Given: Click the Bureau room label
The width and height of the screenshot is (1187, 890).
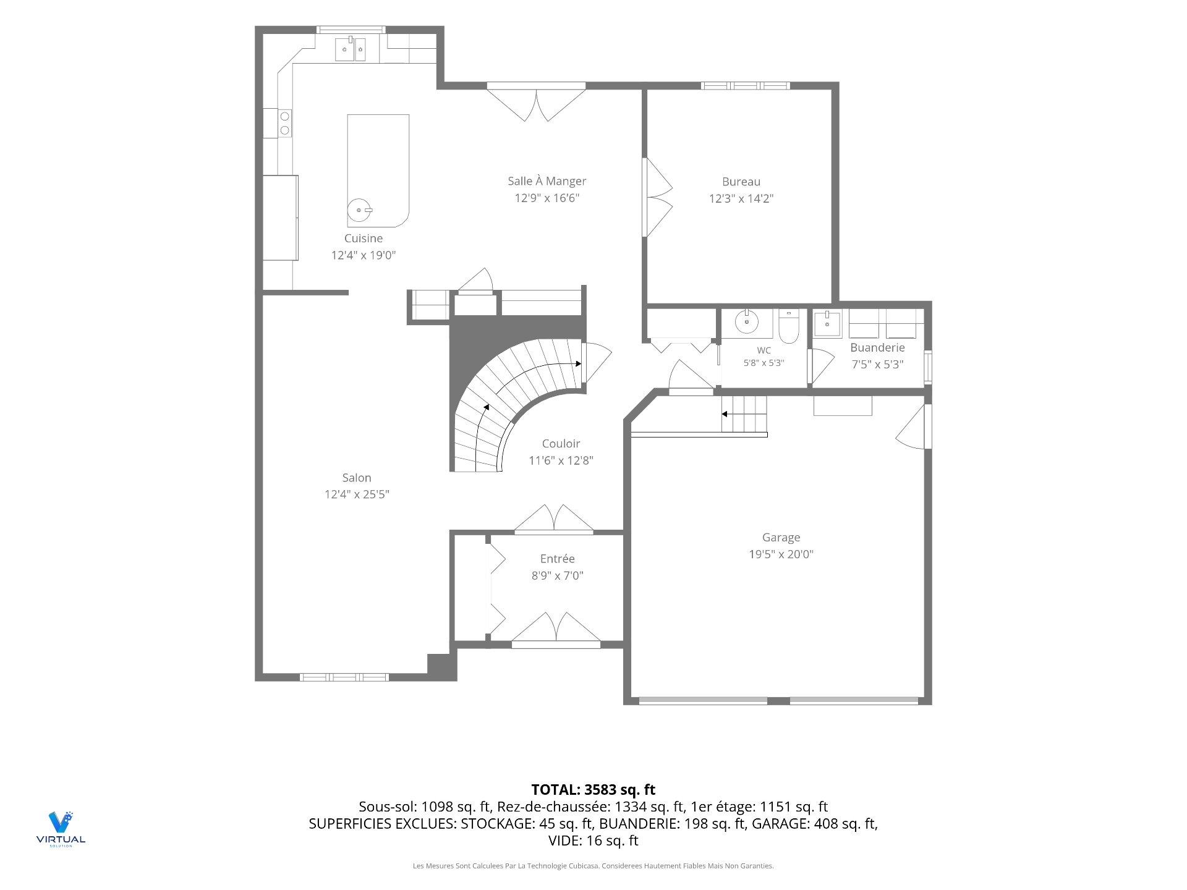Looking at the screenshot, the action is pyautogui.click(x=741, y=182).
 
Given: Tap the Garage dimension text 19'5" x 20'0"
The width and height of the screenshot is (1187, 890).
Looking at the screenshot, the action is pyautogui.click(x=781, y=554).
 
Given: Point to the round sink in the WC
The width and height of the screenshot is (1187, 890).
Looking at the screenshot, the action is pyautogui.click(x=747, y=321).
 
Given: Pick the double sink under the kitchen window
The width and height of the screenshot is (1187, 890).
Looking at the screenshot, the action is pyautogui.click(x=351, y=49).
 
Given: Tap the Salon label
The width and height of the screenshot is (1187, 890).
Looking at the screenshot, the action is pyautogui.click(x=357, y=478).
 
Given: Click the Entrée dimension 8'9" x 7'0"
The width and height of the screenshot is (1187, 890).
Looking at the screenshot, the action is pyautogui.click(x=558, y=576).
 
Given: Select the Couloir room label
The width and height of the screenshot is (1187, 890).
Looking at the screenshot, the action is pyautogui.click(x=561, y=444).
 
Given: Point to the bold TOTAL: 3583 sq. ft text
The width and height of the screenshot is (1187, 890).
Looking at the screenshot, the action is pyautogui.click(x=593, y=790).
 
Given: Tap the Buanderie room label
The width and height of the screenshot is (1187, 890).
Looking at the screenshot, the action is pyautogui.click(x=877, y=348).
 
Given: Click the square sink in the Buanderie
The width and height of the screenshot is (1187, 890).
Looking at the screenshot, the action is pyautogui.click(x=827, y=324).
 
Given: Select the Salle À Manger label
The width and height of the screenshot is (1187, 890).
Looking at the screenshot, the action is pyautogui.click(x=547, y=181).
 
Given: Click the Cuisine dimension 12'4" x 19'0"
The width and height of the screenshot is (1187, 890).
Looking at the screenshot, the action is pyautogui.click(x=364, y=255).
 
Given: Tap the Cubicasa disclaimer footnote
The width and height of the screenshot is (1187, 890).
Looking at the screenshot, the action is pyautogui.click(x=593, y=866).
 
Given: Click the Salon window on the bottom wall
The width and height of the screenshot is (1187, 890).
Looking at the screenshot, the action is pyautogui.click(x=344, y=677).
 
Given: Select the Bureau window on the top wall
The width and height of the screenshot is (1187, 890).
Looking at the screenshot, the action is pyautogui.click(x=745, y=85).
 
